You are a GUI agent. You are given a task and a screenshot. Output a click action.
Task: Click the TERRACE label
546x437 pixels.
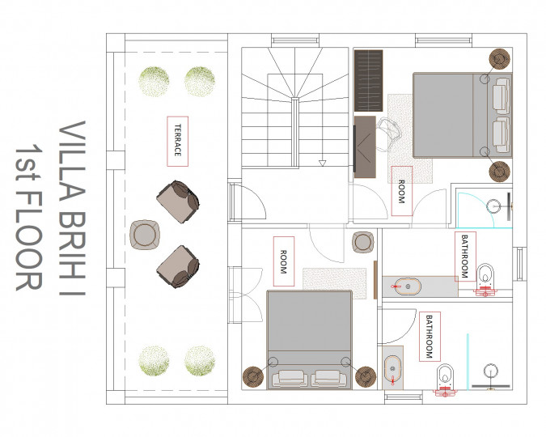pyautogui.click(x=178, y=141)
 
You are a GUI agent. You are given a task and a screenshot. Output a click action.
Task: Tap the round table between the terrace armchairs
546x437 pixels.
pyautogui.click(x=145, y=235)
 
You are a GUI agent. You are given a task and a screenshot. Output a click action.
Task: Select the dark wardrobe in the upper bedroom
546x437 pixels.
pyautogui.click(x=368, y=80)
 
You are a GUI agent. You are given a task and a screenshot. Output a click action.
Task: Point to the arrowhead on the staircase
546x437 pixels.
pyautogui.click(x=322, y=163)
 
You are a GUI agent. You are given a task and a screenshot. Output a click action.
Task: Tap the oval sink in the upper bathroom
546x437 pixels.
pyautogui.click(x=407, y=286)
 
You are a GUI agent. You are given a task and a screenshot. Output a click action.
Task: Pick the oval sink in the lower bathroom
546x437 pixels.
pyautogui.click(x=393, y=369)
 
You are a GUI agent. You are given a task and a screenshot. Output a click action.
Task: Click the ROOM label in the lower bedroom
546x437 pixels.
pyautogui.click(x=284, y=261)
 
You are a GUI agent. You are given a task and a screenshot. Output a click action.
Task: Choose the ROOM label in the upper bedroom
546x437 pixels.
pyautogui.click(x=402, y=191)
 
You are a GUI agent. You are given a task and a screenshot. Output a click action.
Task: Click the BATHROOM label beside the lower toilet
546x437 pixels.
pyautogui.click(x=430, y=337)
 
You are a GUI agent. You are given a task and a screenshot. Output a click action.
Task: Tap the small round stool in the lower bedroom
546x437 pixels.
pyautogui.click(x=363, y=242)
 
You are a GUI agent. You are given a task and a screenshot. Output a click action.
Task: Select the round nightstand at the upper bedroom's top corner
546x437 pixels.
pyautogui.click(x=500, y=59)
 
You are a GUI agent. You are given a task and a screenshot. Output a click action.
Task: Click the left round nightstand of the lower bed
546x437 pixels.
pyautogui.click(x=253, y=377)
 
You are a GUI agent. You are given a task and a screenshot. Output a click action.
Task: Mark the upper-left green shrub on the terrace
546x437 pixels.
pyautogui.click(x=154, y=81)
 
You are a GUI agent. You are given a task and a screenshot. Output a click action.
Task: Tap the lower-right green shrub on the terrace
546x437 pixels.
pyautogui.click(x=200, y=361)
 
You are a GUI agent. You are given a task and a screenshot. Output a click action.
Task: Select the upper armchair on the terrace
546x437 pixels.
pyautogui.click(x=178, y=202)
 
